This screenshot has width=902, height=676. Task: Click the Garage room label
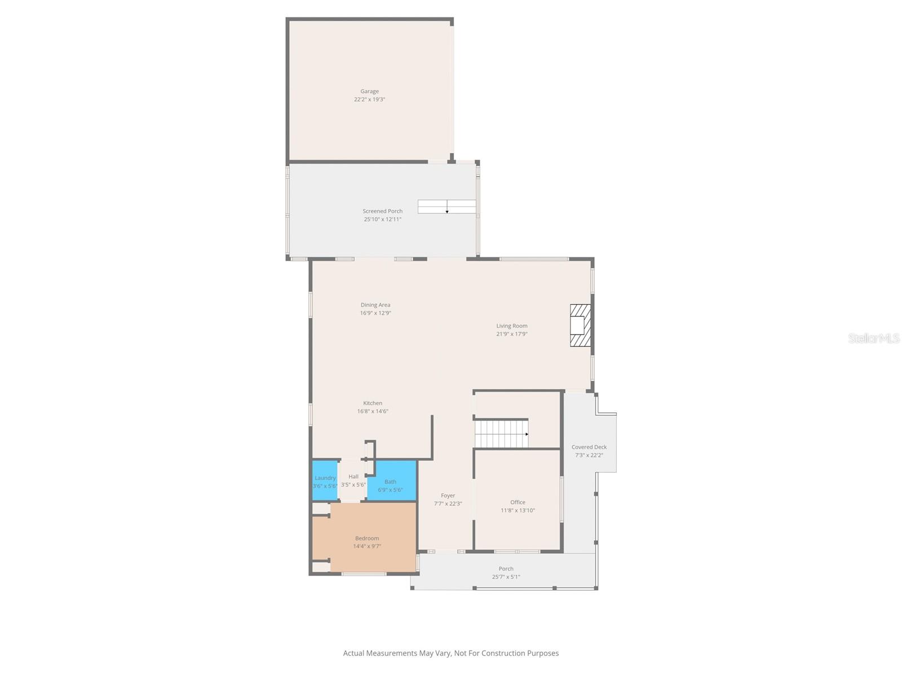coord(369,91)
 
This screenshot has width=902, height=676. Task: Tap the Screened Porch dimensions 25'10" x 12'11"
coord(382,219)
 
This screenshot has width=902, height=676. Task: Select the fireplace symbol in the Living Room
coord(580,325)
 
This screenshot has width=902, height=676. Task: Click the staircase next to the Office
coord(501,434)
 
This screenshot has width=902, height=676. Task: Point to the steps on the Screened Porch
coord(446,207)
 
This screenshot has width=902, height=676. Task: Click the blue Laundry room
coord(325,481)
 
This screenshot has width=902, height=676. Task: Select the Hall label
coord(353,477)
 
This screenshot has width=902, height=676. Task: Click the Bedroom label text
coord(367,538)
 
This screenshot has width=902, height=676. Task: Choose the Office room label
coord(518,502)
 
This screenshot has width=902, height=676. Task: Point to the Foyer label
coord(448,496)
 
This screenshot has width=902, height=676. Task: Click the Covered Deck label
coord(589,447)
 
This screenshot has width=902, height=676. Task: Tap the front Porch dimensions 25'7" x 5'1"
coord(506,577)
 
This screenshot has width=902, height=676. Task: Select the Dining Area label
coord(375,305)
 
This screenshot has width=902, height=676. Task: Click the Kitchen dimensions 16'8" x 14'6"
coord(373,411)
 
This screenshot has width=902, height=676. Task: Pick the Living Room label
coord(512,326)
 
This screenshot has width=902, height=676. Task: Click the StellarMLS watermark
coord(874,338)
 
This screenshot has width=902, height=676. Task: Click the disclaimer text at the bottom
coord(451,653)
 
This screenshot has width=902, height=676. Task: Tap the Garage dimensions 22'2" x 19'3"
coord(369,99)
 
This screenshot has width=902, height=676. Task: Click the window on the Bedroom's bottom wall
coord(364,574)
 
